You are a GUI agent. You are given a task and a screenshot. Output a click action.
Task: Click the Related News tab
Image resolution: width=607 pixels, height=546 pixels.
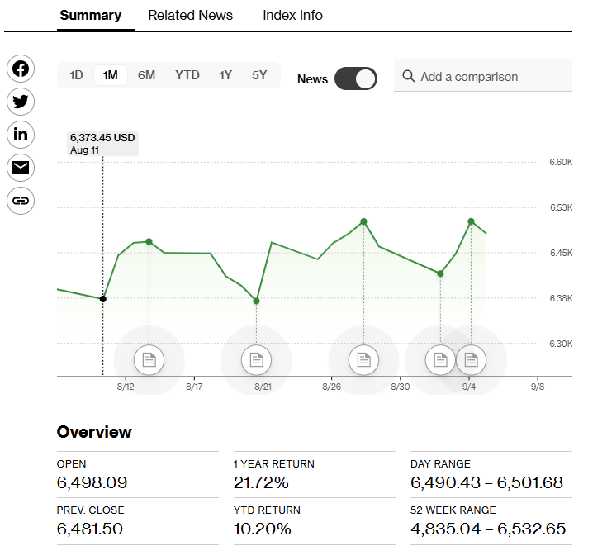(190, 16)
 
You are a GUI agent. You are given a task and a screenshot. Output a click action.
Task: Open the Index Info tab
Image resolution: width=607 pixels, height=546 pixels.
(292, 16)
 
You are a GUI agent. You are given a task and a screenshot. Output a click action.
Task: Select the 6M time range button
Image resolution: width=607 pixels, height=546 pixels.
(146, 75)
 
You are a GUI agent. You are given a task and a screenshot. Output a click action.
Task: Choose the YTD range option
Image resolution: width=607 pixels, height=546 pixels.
(187, 75)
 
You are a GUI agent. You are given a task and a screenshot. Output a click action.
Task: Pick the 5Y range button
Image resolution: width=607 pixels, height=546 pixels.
(259, 75)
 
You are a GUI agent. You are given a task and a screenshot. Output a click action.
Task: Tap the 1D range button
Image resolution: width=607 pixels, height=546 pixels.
(76, 75)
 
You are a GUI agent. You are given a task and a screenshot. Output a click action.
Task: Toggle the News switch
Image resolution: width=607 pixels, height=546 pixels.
(356, 78)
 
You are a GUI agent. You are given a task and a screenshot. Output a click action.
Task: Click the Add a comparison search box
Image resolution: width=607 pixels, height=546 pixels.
(483, 76)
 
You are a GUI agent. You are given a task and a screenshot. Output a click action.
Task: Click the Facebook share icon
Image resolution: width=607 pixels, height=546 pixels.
(21, 69)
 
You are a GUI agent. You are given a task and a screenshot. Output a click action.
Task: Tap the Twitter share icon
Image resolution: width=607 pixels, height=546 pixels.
(21, 102)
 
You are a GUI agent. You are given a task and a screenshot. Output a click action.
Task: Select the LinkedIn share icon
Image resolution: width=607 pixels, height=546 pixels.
(21, 135)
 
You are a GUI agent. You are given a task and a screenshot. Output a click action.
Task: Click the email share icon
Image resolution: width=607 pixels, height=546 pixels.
(21, 168)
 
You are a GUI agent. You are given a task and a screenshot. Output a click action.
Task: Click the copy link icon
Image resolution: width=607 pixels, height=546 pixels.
(21, 201)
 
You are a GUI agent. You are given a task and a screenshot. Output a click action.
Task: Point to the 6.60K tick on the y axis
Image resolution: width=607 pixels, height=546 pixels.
(561, 162)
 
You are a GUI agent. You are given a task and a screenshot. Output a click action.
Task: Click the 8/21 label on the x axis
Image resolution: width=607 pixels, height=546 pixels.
(263, 386)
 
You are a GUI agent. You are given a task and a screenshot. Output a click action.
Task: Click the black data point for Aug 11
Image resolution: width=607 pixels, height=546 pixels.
(102, 299)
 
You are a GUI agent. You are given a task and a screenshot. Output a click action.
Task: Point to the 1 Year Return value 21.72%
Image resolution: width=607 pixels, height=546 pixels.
(261, 482)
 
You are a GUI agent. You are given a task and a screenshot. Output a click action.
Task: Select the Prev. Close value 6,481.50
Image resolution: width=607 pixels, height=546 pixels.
(92, 529)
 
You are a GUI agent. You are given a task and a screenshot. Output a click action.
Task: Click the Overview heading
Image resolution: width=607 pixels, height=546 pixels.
(94, 432)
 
